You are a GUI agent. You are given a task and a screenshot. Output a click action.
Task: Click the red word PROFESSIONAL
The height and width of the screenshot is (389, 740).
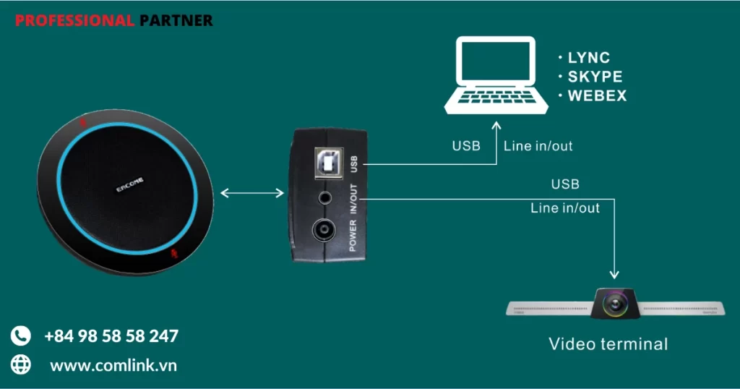coord(74,21)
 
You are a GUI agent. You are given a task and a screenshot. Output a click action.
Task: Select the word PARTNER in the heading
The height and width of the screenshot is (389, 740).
coord(176,21)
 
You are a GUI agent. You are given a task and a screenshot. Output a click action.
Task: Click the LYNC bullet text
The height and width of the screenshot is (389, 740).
coord(588,58)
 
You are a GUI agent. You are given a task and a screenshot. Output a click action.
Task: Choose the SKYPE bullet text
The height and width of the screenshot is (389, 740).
coord(594,77)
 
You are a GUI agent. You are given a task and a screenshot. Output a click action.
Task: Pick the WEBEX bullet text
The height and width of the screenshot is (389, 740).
coord(597,95)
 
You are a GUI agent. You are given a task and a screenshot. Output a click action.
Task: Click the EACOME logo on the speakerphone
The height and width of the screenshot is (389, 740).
coord(131,187)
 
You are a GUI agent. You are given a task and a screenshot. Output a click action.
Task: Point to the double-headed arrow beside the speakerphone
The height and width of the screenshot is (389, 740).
coord(251,193)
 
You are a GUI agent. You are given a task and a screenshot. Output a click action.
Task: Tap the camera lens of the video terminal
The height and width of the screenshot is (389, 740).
coord(615,302)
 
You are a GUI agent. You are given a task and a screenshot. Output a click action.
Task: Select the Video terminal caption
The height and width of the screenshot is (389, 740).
coord(608,343)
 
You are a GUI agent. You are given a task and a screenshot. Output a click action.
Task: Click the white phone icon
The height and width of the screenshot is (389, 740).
coord(21,336)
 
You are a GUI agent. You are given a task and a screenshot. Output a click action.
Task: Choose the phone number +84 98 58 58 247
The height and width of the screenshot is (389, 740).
coord(111,336)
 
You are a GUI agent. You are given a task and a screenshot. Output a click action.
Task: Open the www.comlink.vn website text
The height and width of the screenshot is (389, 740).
coord(113,366)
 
